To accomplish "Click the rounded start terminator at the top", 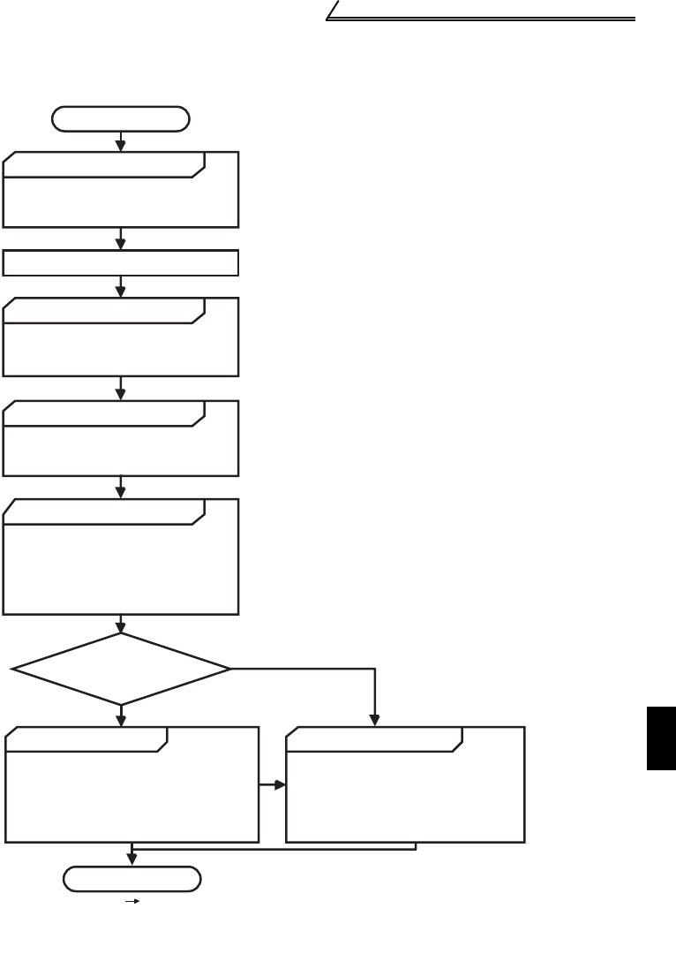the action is [121, 118].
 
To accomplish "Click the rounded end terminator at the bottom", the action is [131, 879].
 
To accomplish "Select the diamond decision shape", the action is [121, 669].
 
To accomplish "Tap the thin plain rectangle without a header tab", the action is [121, 263].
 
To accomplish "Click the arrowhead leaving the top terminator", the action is [121, 144].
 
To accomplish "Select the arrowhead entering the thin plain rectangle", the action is [121, 244].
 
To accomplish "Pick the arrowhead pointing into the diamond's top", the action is [121, 626].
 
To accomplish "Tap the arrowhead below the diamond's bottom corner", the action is [121, 720].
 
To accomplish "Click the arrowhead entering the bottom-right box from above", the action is [377, 720].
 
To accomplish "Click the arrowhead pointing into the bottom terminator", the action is [132, 859].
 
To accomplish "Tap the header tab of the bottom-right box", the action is [371, 739].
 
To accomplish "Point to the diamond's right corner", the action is [229, 669].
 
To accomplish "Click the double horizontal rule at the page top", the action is [481, 18].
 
